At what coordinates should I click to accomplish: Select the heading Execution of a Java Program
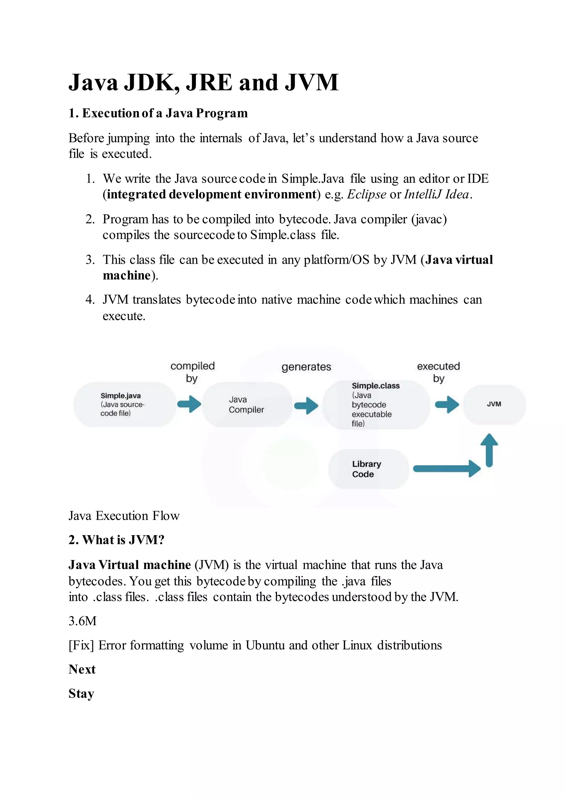(158, 113)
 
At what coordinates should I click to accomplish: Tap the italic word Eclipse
(366, 194)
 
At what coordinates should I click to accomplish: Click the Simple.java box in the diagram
(124, 404)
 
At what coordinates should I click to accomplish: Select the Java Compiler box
(247, 405)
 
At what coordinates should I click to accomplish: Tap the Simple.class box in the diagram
(375, 405)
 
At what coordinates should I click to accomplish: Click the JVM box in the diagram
(494, 404)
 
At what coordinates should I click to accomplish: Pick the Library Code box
(368, 469)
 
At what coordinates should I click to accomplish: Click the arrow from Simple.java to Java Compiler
(189, 404)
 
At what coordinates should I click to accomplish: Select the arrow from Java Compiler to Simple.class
(306, 406)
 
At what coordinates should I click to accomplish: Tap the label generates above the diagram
(306, 367)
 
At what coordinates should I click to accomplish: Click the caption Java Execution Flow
(124, 516)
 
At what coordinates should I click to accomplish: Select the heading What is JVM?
(116, 540)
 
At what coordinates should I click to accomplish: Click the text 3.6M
(82, 621)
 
